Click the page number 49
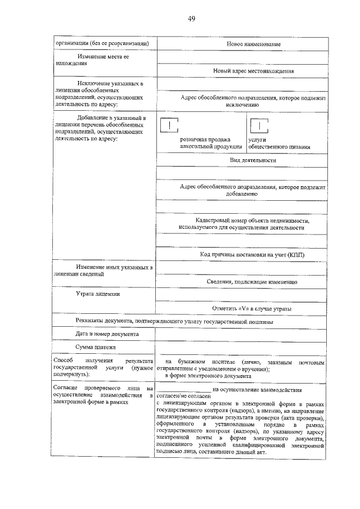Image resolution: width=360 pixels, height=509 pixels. [x=191, y=19]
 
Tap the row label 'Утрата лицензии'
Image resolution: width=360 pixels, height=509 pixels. [x=98, y=294]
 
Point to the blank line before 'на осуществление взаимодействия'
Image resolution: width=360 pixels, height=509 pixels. [x=183, y=389]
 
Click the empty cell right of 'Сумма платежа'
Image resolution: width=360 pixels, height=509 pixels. [x=240, y=348]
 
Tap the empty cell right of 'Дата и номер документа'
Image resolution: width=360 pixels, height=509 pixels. [x=240, y=334]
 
